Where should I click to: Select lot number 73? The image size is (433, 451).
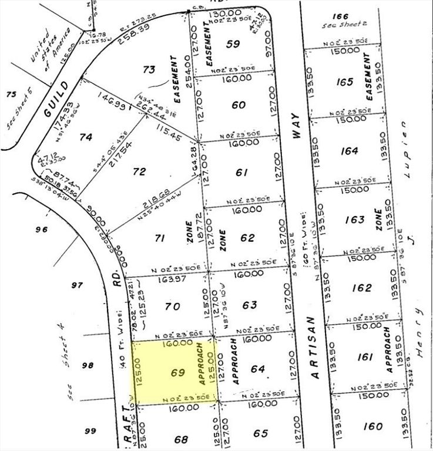149,70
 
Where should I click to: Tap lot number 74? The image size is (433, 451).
86,137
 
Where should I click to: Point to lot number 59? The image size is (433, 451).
233,43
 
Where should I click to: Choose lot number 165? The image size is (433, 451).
345,82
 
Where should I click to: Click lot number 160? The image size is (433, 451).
372,426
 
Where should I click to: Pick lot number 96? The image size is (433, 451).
41,230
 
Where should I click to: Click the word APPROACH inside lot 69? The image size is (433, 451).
203,364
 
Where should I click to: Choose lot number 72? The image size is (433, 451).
139,171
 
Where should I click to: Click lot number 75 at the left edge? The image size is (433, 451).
10,94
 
